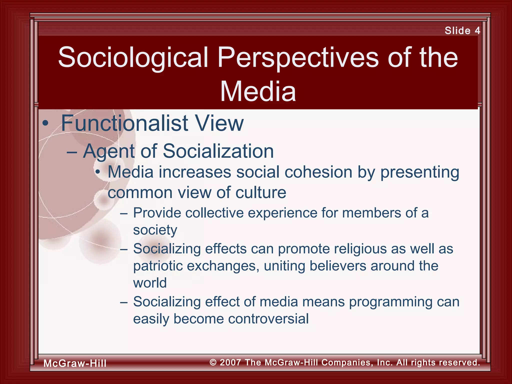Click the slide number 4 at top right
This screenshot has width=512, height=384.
pos(477,30)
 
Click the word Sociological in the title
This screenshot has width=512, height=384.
pos(133,57)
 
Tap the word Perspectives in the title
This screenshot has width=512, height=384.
pos(298,57)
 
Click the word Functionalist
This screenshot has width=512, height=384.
pos(124,123)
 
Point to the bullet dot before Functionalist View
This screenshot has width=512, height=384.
pos(45,123)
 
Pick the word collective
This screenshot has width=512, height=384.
pos(214,213)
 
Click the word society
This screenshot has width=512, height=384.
pos(155,230)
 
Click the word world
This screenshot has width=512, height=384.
pos(150,283)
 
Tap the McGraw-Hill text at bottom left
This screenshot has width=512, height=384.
pos(75,363)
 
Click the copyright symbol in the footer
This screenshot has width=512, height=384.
pos(213,362)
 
